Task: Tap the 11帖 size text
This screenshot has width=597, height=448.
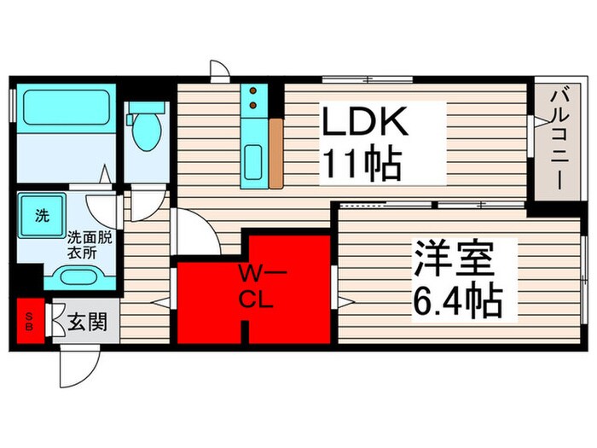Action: click(361, 163)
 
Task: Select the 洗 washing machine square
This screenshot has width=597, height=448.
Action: click(41, 217)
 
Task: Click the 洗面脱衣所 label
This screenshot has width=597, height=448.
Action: click(88, 245)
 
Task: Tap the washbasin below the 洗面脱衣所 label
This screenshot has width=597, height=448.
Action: click(78, 276)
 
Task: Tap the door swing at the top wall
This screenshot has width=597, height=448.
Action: click(219, 72)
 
